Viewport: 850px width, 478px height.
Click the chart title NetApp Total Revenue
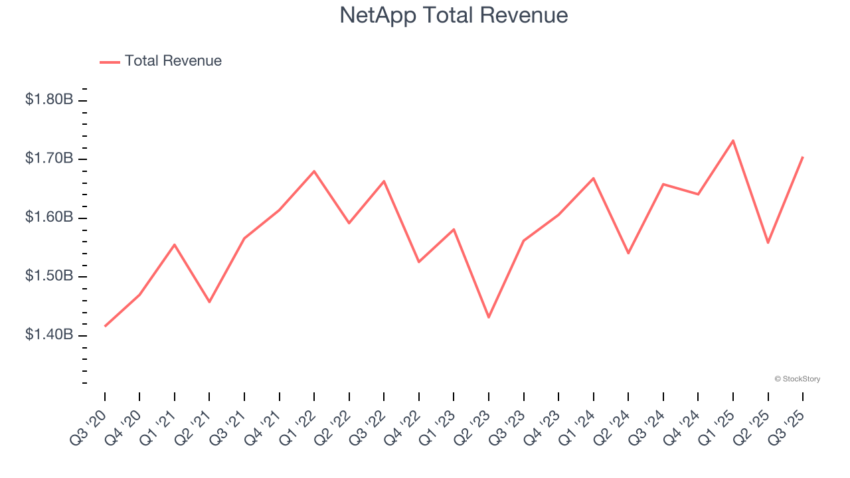(454, 15)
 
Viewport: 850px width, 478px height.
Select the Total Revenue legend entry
(161, 61)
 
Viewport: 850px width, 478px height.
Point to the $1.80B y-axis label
(49, 100)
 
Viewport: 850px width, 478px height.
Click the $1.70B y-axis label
(49, 159)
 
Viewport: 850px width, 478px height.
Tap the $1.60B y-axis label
(49, 218)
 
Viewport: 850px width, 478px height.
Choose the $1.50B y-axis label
(49, 276)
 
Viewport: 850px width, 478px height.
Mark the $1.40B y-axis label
(49, 335)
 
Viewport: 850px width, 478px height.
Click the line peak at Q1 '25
(733, 141)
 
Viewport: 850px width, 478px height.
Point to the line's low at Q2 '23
(489, 317)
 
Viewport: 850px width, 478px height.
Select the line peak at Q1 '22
(314, 171)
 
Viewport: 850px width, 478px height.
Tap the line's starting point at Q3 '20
(105, 326)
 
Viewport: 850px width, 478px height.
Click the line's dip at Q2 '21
(209, 302)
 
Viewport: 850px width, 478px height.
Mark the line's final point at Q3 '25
(803, 157)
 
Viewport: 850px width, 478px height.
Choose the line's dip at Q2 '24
(628, 253)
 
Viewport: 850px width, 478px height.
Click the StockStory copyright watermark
(797, 379)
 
